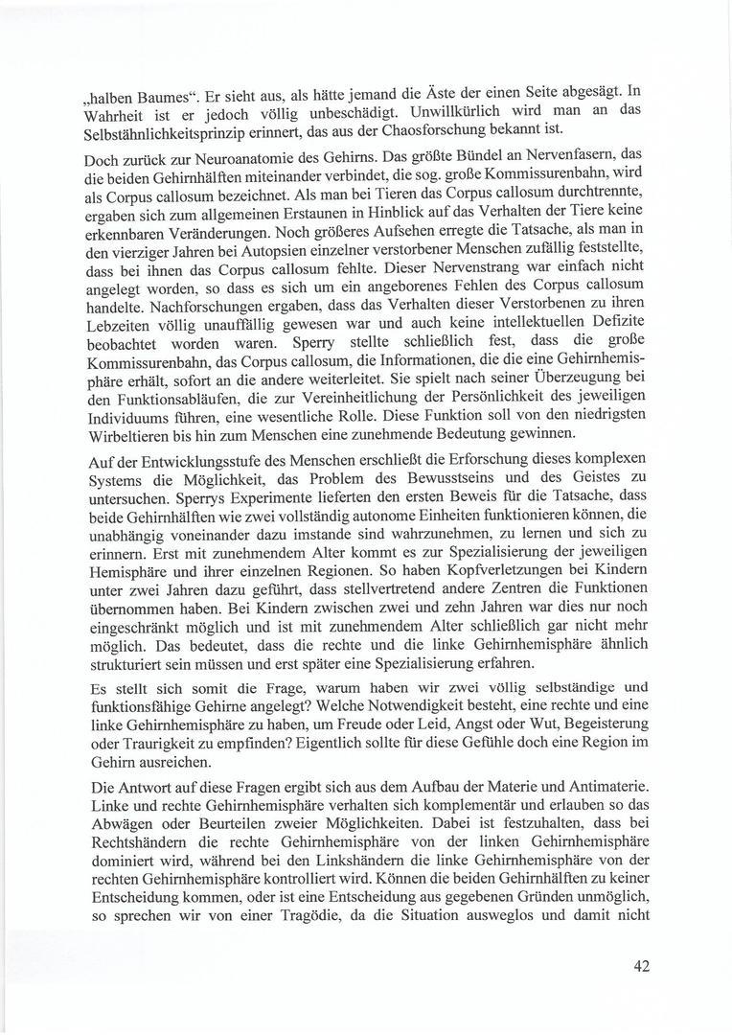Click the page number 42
[x=641, y=966]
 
